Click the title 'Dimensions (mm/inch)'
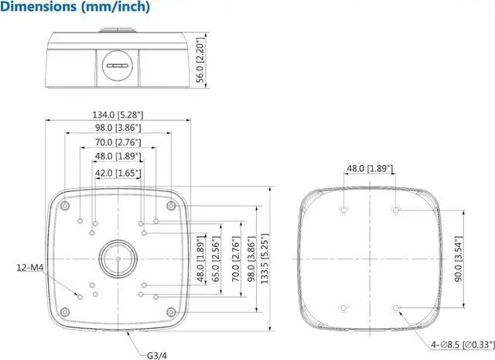pyautogui.click(x=75, y=8)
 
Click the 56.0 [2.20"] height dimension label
pyautogui.click(x=200, y=62)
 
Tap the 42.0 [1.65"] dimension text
pyautogui.click(x=118, y=173)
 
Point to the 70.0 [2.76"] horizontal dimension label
pyautogui.click(x=118, y=142)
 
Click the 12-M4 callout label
pyautogui.click(x=29, y=268)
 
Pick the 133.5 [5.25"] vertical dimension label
pyautogui.click(x=263, y=261)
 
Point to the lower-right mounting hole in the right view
pyautogui.click(x=396, y=308)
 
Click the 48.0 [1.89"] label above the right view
pyautogui.click(x=370, y=168)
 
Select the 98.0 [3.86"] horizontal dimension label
pyautogui.click(x=118, y=129)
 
